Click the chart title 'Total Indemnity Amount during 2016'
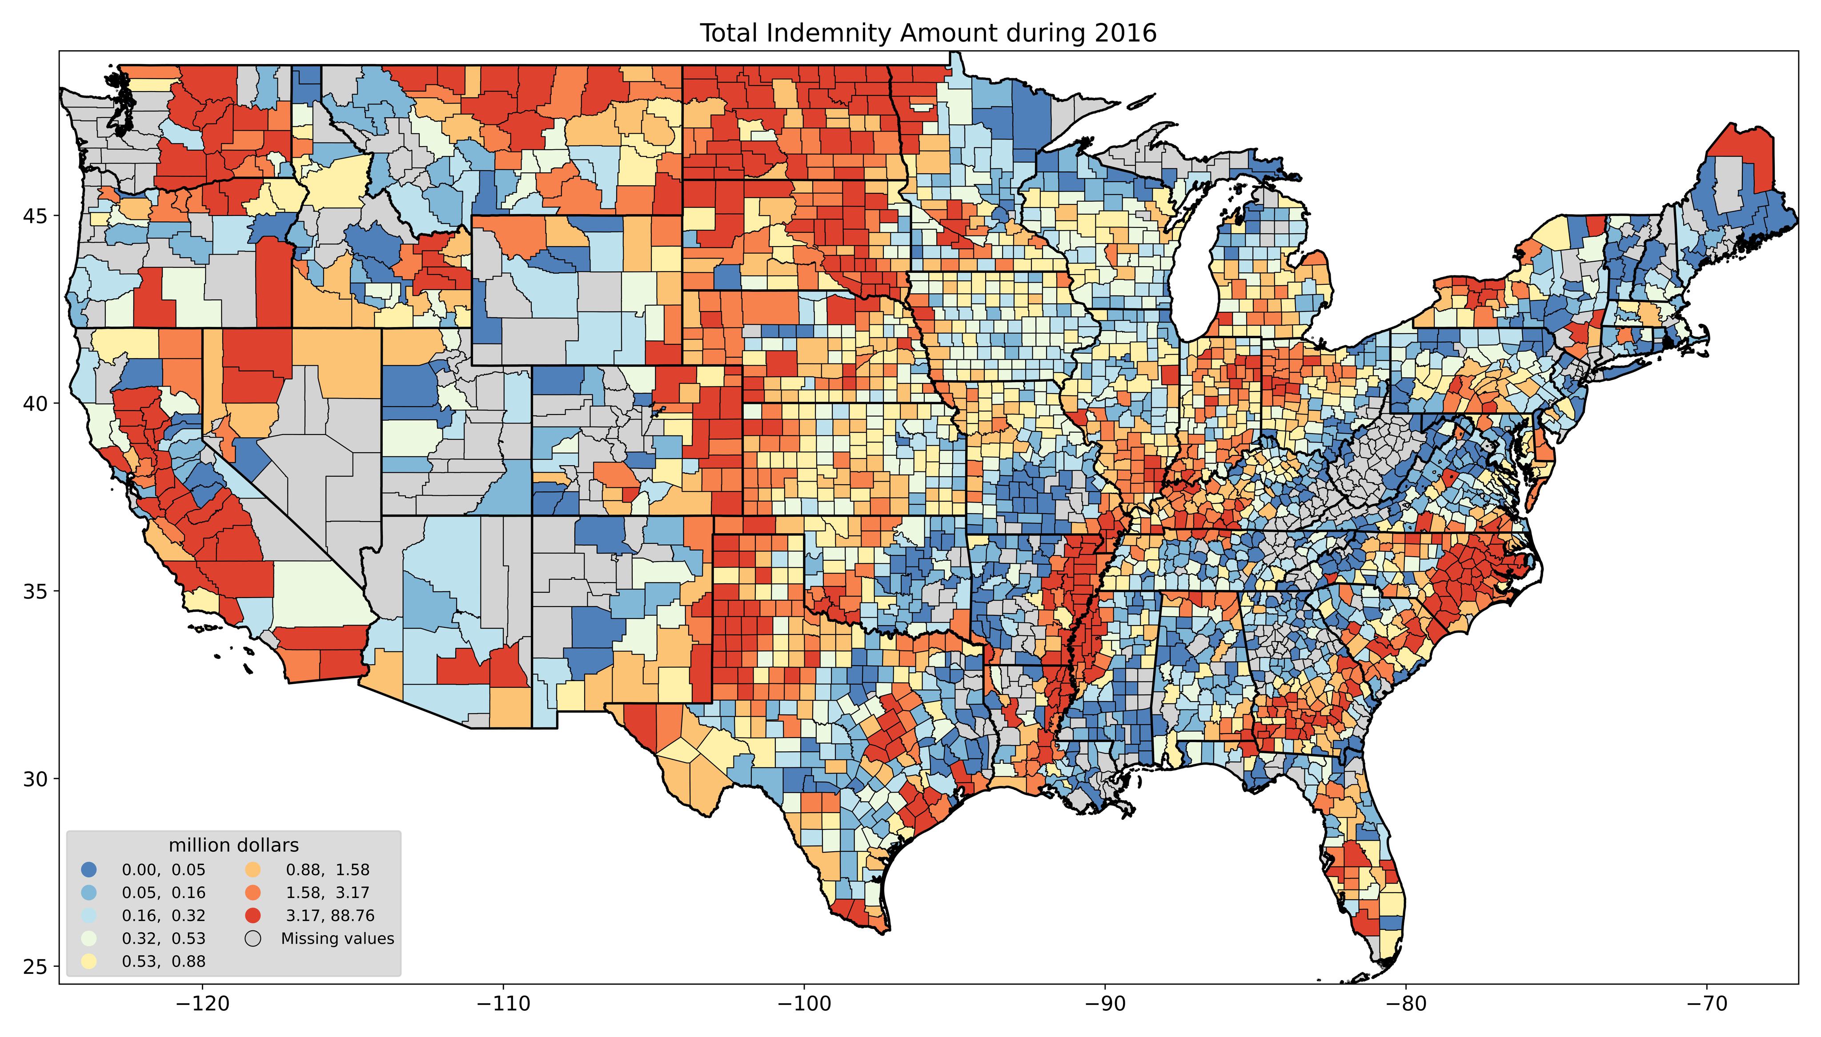(927, 33)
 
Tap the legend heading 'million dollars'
(234, 846)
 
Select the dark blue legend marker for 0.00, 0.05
(89, 869)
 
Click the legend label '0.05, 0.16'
(164, 893)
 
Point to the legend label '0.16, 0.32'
(164, 915)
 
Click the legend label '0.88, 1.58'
(328, 869)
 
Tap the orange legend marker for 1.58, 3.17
(253, 893)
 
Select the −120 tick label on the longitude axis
(203, 1004)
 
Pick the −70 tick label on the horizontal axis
(1708, 1004)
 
